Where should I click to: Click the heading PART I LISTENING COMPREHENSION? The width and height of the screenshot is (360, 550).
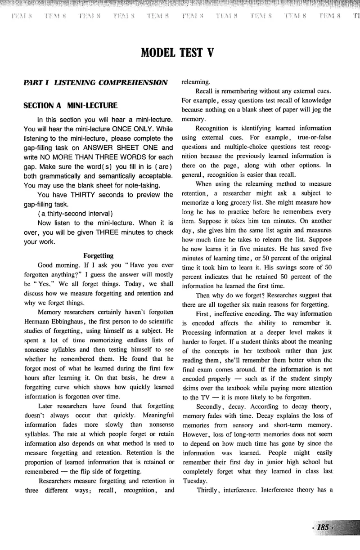(x=96, y=83)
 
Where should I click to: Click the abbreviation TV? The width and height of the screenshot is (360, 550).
(x=201, y=397)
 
